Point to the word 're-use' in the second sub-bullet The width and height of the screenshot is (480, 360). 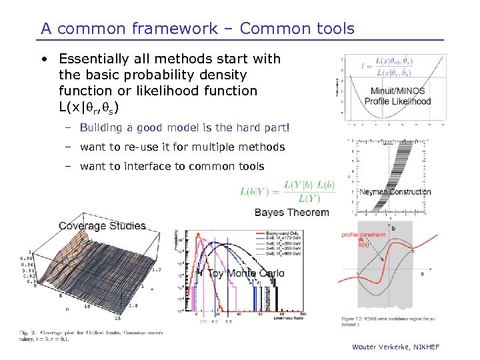click(131, 147)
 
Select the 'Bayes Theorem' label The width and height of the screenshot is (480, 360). click(291, 213)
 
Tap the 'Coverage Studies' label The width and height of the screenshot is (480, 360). click(101, 226)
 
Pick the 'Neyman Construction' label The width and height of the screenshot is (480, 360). click(395, 192)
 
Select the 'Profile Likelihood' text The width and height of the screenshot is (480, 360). click(399, 101)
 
